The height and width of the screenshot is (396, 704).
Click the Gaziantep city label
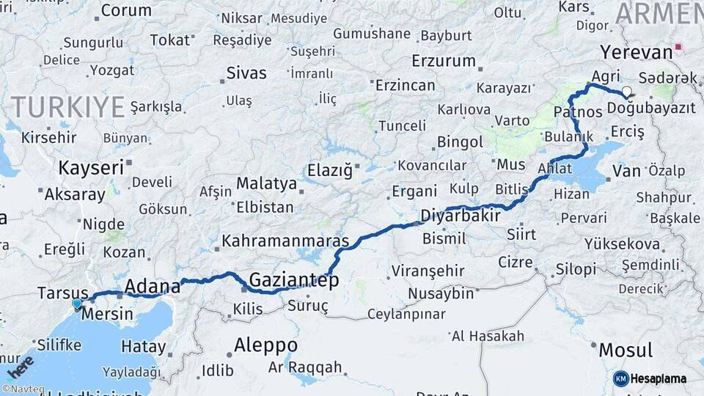(x=294, y=279)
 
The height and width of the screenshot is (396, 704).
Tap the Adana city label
(x=153, y=286)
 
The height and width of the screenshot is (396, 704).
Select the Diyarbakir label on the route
(x=461, y=216)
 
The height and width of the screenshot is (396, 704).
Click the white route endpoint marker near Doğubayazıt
(x=626, y=92)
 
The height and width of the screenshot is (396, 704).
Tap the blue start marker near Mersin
(x=77, y=303)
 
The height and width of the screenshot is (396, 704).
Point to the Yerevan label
(x=636, y=52)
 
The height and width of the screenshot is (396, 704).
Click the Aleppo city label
(x=265, y=345)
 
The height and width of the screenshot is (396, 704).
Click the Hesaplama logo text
(x=659, y=378)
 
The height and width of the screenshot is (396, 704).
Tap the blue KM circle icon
(x=620, y=378)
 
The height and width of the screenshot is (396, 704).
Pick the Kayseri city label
(x=91, y=168)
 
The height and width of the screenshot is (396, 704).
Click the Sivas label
(x=246, y=73)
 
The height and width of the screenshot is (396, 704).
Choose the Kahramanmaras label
(x=285, y=241)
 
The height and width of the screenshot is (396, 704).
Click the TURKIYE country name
(x=68, y=107)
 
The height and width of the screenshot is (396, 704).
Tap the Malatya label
(x=266, y=183)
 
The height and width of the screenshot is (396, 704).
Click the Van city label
(x=627, y=171)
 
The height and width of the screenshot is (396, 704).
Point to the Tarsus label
(x=63, y=294)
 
